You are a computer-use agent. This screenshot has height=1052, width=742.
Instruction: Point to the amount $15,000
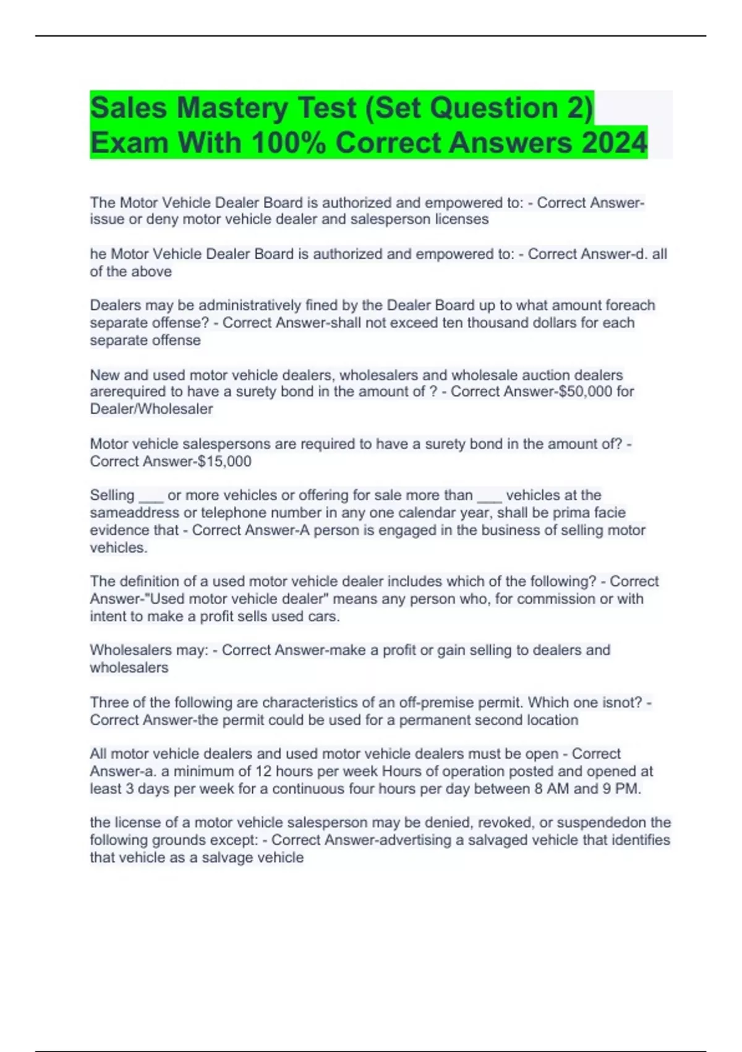[x=224, y=461]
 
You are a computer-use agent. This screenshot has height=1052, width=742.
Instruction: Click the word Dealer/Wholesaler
[x=151, y=409]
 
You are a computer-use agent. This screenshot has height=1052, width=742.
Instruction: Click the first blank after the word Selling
[x=151, y=496]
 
